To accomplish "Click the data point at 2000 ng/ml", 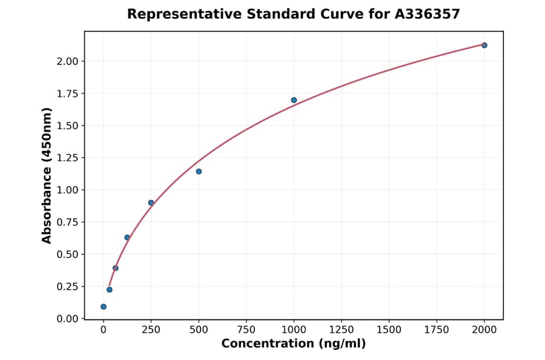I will pyautogui.click(x=484, y=45).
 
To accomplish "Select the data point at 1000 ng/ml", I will pyautogui.click(x=294, y=100).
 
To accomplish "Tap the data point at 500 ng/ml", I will pyautogui.click(x=199, y=172).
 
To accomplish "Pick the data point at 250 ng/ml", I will pyautogui.click(x=151, y=203).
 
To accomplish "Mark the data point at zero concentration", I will pyautogui.click(x=104, y=307).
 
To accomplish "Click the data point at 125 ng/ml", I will pyautogui.click(x=127, y=238).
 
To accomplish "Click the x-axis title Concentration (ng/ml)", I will pyautogui.click(x=294, y=344).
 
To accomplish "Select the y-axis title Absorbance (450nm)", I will pyautogui.click(x=47, y=175).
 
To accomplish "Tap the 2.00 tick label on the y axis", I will pyautogui.click(x=67, y=61).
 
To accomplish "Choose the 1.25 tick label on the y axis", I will pyautogui.click(x=67, y=158).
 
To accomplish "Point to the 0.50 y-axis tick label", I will pyautogui.click(x=67, y=255).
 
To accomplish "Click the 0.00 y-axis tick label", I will pyautogui.click(x=67, y=319).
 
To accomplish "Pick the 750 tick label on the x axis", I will pyautogui.click(x=246, y=330).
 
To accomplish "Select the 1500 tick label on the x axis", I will pyautogui.click(x=389, y=330).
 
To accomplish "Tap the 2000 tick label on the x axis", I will pyautogui.click(x=484, y=330).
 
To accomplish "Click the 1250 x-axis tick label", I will pyautogui.click(x=342, y=330).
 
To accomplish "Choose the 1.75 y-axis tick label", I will pyautogui.click(x=67, y=93).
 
